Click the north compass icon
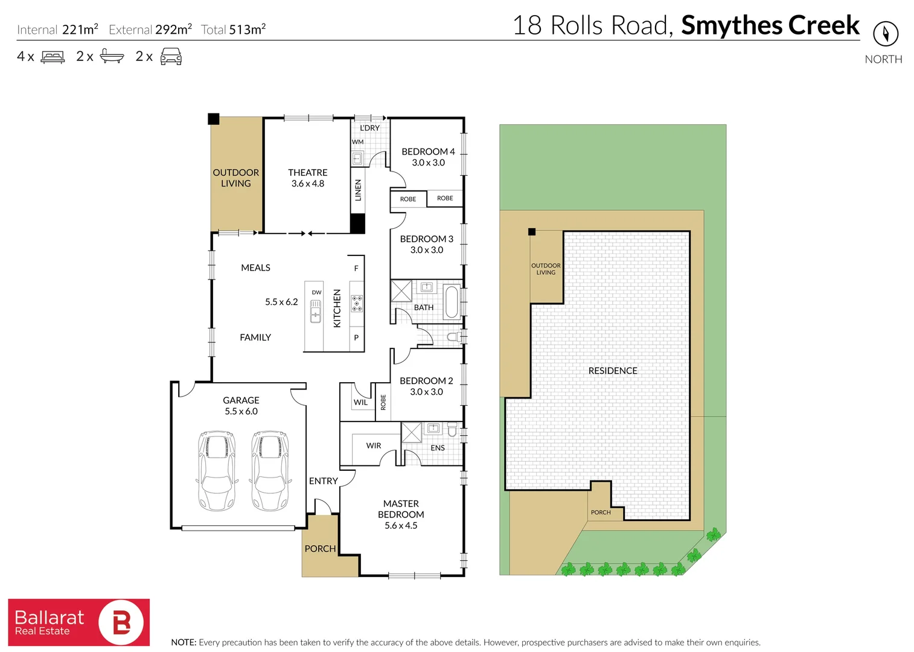tap(886, 33)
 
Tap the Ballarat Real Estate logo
tap(78, 622)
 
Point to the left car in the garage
tap(216, 471)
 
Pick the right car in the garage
tap(269, 471)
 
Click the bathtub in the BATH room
tap(451, 302)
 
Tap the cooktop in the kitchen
tap(357, 303)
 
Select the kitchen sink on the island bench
tap(316, 312)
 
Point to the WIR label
tap(374, 446)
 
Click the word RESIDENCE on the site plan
tap(613, 371)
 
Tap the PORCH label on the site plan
tap(601, 513)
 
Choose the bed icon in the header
tap(53, 57)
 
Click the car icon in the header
tap(171, 57)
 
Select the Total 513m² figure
tap(234, 30)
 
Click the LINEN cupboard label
tap(358, 190)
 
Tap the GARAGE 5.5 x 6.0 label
tap(241, 406)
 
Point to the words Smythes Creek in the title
tap(770, 25)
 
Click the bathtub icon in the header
tap(112, 57)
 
